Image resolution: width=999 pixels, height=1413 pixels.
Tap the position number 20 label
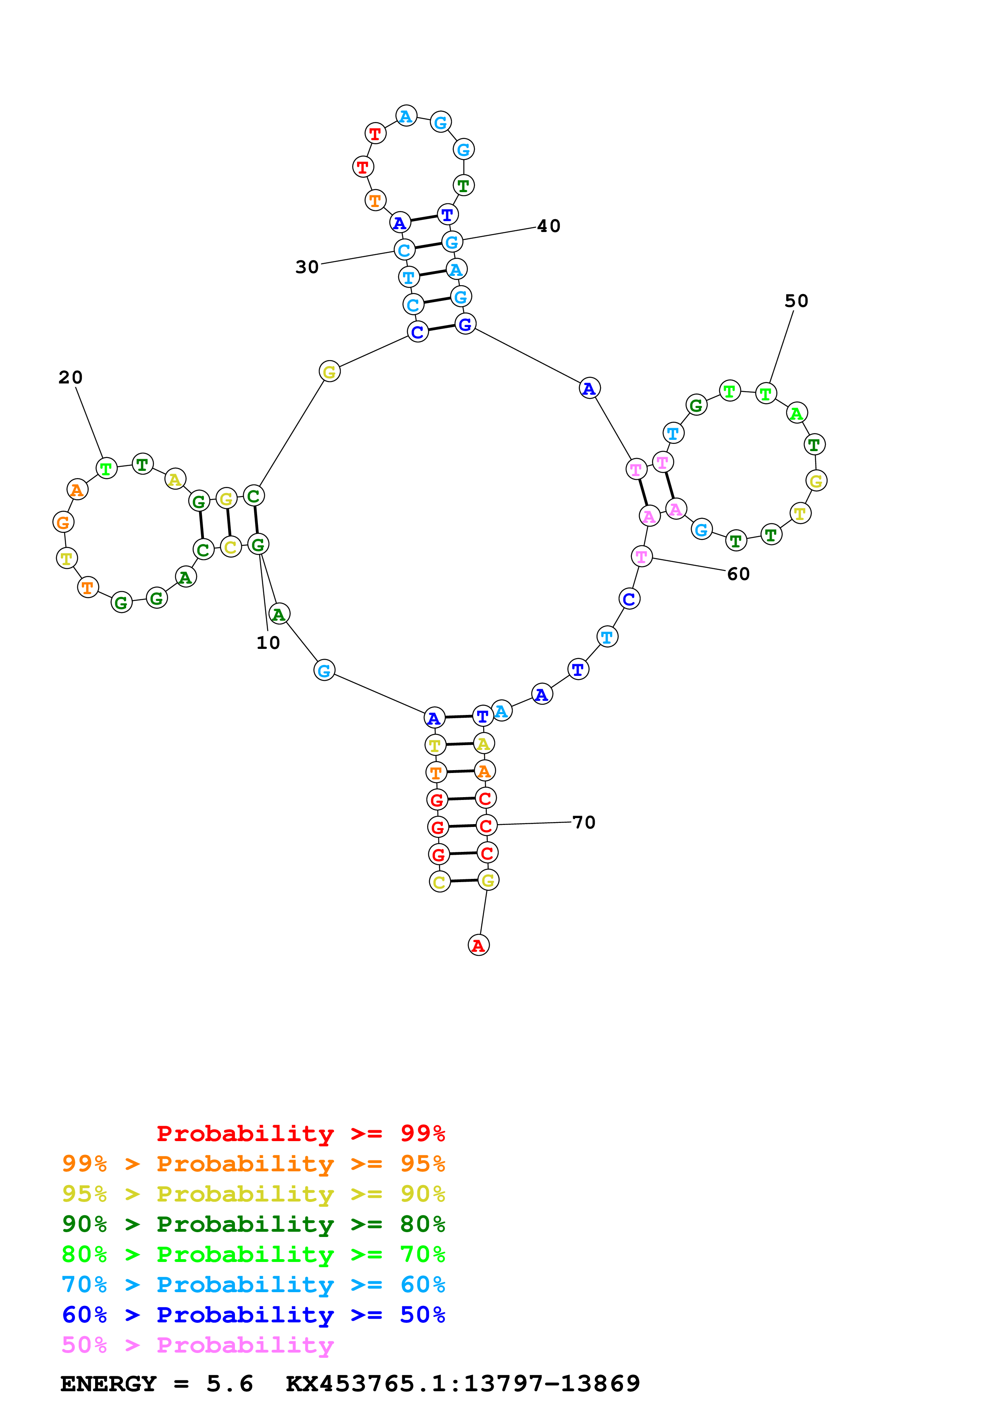tap(71, 377)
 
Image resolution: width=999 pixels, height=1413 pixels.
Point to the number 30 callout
tap(307, 267)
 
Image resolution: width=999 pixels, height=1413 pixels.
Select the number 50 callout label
tap(796, 301)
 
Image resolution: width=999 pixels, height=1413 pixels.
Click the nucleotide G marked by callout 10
tap(258, 545)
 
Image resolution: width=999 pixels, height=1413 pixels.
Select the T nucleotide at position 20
tap(106, 469)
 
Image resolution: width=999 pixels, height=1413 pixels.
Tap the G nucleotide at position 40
tap(452, 242)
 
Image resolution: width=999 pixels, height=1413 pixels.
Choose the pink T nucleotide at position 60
tap(642, 556)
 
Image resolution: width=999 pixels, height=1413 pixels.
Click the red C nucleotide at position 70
tap(486, 826)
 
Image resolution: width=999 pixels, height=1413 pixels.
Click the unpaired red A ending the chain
tap(478, 945)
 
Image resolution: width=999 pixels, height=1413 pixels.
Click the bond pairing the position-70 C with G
tap(462, 827)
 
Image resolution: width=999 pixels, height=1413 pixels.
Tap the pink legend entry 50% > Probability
tap(197, 1345)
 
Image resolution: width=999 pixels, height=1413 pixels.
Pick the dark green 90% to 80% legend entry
tap(253, 1224)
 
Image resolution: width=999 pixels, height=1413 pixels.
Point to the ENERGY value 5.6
tap(230, 1384)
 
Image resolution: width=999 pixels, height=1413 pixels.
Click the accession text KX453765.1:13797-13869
tap(463, 1384)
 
